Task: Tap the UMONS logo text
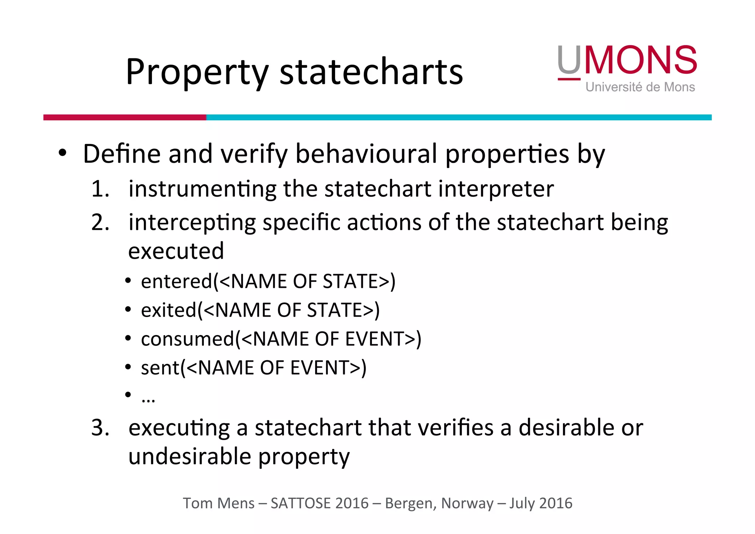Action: coord(627,60)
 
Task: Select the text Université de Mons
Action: coord(640,87)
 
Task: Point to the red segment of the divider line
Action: coord(125,117)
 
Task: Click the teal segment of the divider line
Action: coord(459,117)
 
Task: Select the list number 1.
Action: coord(100,189)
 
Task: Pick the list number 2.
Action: coord(100,223)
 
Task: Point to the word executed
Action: coord(176,251)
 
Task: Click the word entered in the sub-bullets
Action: coord(177,281)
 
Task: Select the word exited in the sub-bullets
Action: coord(168,310)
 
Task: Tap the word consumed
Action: coord(188,339)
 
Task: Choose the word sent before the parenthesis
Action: coord(160,368)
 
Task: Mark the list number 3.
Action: coord(100,428)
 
